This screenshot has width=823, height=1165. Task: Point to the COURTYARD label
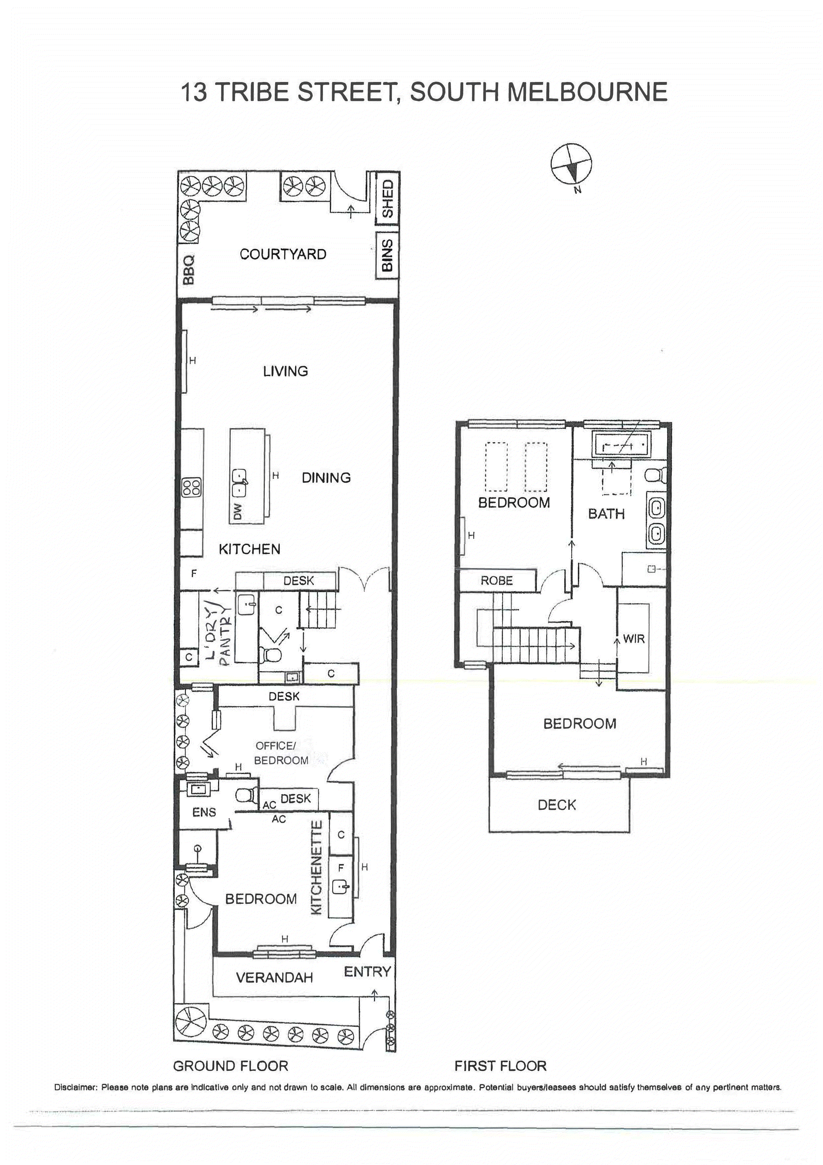point(283,254)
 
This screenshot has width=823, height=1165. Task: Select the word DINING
point(326,478)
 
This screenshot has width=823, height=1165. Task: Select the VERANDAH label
point(274,977)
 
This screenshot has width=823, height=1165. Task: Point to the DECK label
point(557,805)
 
